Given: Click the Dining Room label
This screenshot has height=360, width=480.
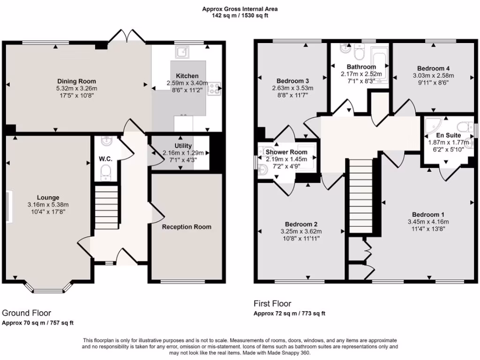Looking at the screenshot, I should point(76,81).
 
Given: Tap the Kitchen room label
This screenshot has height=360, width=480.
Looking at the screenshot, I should point(187,76).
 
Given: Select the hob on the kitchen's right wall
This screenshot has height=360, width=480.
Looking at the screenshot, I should point(215,88).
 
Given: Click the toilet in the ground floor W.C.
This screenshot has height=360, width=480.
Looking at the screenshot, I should point(107,172).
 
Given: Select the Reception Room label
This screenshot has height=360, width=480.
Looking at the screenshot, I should point(187,227).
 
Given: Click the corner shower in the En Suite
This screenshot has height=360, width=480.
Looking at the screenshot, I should point(432,126).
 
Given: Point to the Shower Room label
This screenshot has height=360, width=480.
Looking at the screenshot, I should point(286,152).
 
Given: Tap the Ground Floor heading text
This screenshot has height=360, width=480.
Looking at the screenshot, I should point(27,313).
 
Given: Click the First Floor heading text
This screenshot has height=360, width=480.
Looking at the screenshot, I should point(272,303).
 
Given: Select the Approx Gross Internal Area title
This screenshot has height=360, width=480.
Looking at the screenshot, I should point(240,8).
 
